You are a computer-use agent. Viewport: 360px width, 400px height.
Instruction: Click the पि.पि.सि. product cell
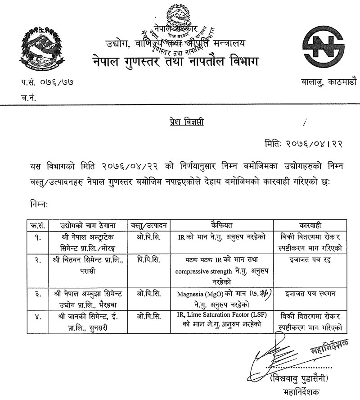(147, 260)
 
